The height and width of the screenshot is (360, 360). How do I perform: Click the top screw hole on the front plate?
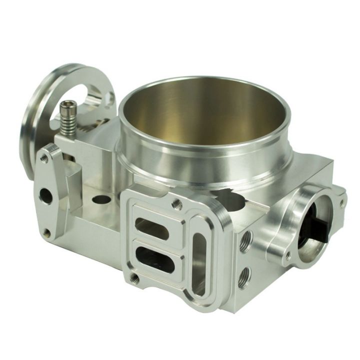[x=176, y=203]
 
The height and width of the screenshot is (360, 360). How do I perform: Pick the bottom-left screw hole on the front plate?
[x=133, y=276]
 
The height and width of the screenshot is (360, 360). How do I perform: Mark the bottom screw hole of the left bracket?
[x=46, y=232]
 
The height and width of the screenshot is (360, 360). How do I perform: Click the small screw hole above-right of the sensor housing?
[x=341, y=203]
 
